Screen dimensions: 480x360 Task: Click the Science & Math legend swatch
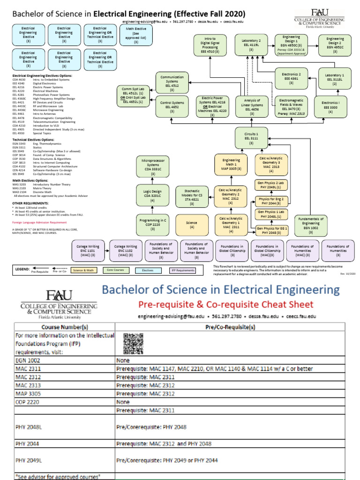click(84, 270)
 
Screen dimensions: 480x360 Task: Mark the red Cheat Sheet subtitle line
click(225, 304)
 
